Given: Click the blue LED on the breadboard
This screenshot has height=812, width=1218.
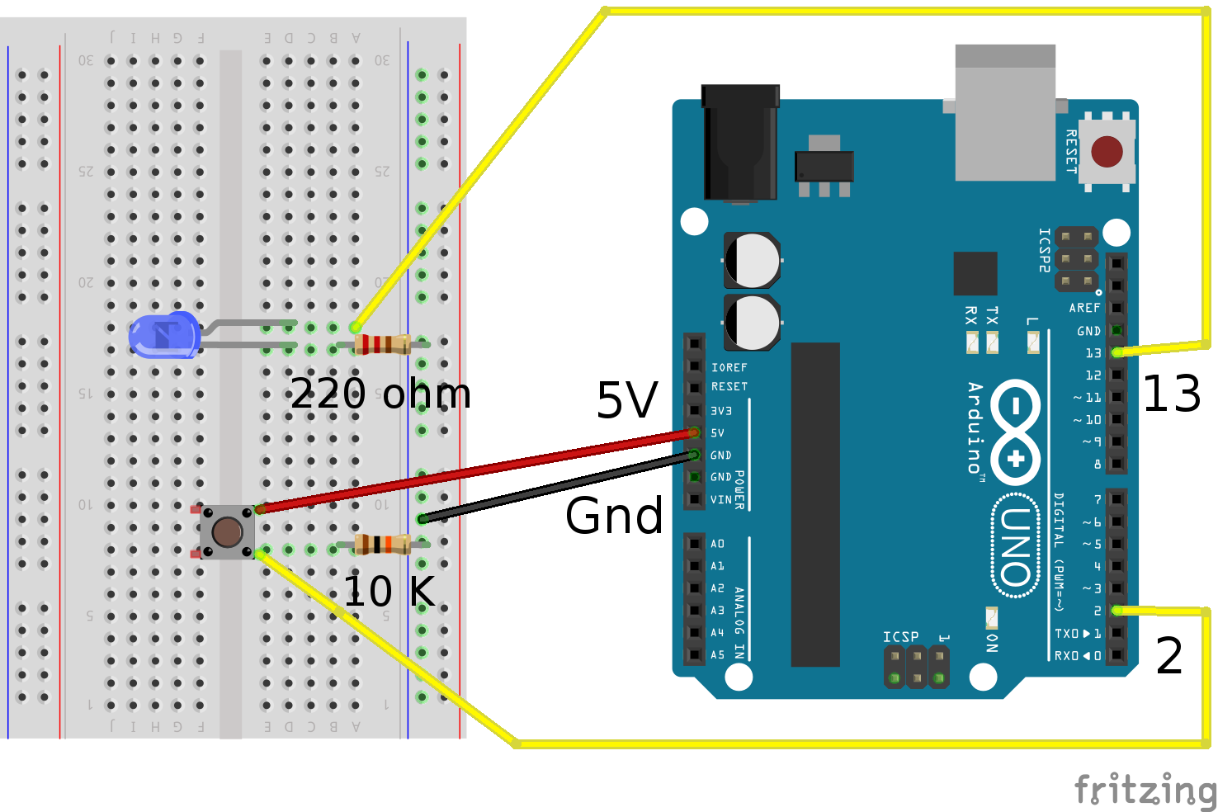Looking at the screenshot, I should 164,336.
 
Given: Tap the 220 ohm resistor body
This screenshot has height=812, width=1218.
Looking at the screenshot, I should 382,344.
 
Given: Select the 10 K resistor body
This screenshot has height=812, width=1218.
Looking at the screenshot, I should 382,544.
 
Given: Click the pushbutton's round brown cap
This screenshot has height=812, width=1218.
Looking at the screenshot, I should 227,532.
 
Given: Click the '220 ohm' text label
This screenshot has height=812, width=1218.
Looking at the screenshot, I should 380,394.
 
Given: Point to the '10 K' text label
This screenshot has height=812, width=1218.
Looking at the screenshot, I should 389,592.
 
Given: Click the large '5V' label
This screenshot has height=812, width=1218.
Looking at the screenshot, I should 627,401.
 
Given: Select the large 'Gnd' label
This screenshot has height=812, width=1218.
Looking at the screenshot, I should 614,516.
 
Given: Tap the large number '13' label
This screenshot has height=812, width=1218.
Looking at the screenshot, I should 1171,394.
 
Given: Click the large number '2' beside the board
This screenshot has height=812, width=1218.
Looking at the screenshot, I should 1169,657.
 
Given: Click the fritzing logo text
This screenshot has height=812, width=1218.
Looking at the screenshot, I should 1145,790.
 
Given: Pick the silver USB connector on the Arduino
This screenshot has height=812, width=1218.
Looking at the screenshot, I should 1005,112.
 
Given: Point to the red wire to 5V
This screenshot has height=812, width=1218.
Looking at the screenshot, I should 479,470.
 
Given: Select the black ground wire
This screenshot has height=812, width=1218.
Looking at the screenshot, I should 553,487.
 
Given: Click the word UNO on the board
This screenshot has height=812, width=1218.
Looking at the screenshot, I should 1015,545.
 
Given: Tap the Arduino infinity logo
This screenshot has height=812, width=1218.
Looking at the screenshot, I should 1015,432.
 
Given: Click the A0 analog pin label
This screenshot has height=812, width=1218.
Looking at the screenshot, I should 717,544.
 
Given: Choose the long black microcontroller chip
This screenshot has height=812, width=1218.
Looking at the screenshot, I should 815,503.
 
